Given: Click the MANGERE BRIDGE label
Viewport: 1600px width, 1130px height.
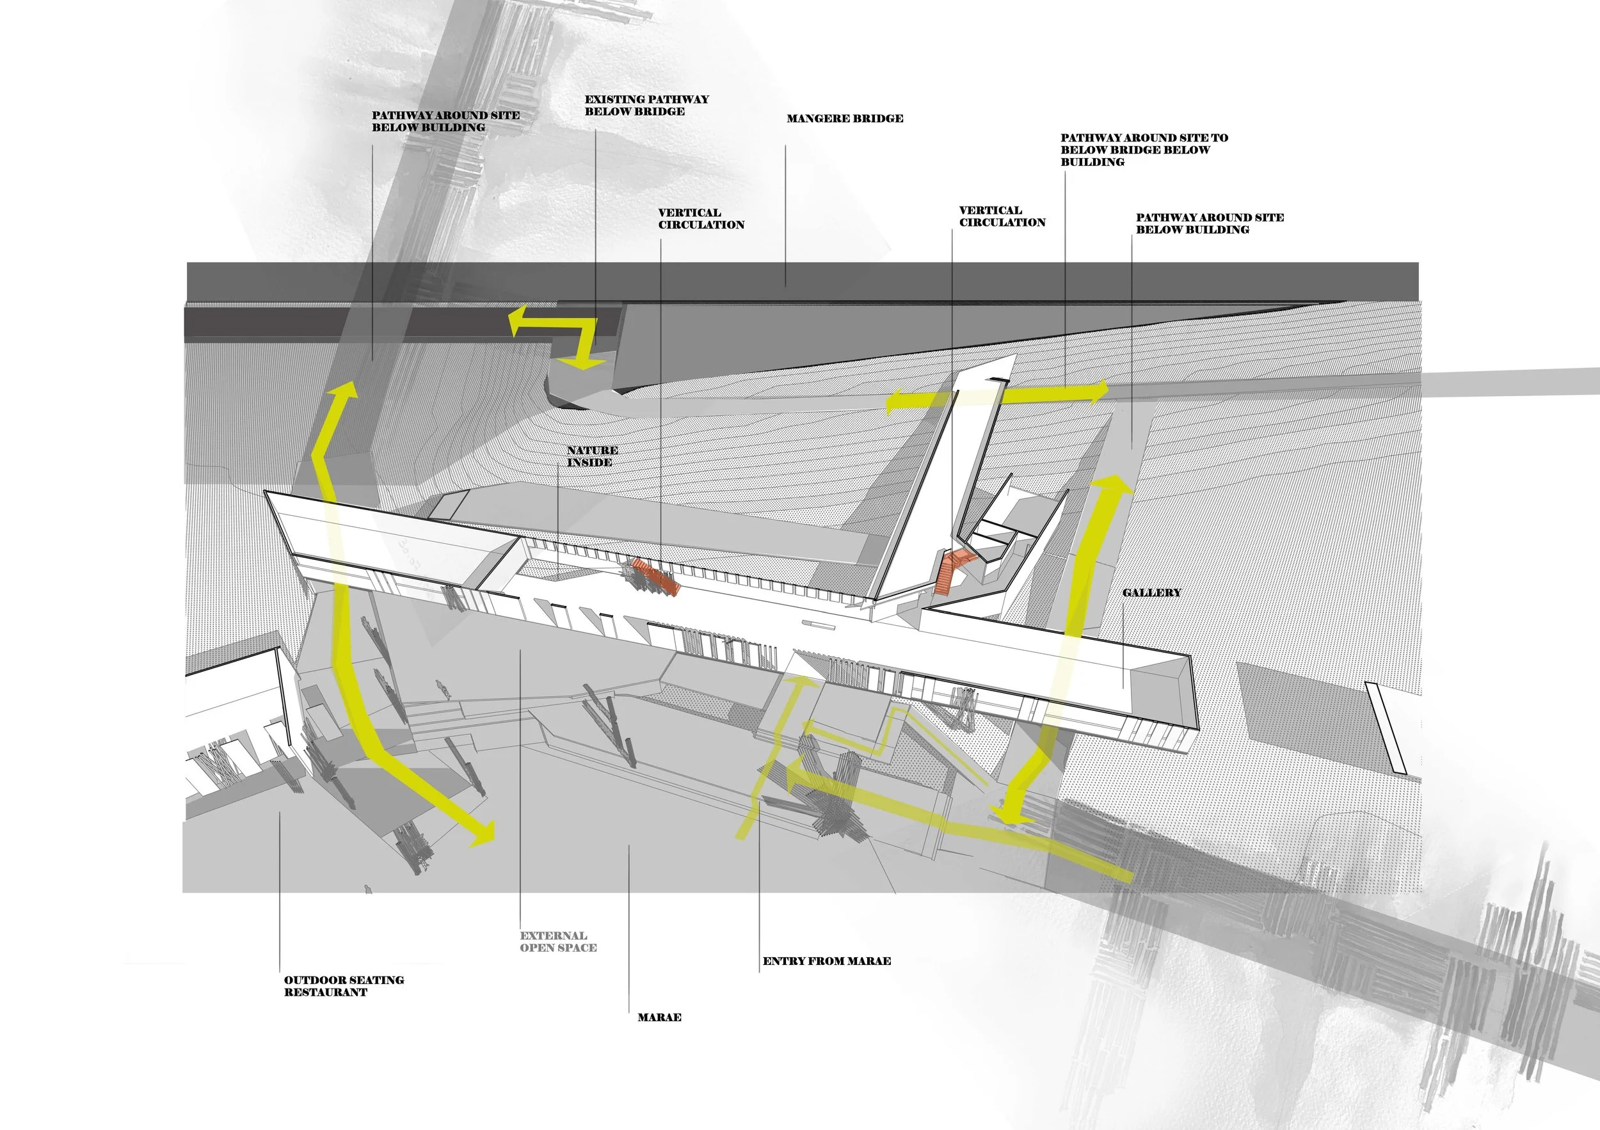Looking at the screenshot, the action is (x=845, y=118).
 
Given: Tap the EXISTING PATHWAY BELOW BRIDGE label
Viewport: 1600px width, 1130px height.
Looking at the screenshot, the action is (x=646, y=105).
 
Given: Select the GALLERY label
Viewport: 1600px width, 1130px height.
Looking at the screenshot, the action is (x=1151, y=592).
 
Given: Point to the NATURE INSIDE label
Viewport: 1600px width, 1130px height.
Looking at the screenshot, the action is (x=591, y=456).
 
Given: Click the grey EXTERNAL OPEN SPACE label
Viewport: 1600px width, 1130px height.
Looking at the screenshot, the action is (x=557, y=941).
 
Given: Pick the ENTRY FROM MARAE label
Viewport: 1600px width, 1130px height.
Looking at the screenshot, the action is (x=826, y=960).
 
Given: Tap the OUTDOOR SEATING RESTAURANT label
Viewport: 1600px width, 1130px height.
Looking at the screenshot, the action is (x=344, y=986).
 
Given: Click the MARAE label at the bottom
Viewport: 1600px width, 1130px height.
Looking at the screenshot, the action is (x=659, y=1017).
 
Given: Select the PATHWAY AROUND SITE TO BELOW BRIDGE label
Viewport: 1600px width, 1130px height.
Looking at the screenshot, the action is (x=1144, y=150).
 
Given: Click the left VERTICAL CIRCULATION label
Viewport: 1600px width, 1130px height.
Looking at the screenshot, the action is (x=701, y=219).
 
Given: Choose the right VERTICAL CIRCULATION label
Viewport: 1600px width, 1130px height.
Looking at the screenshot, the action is (x=1002, y=216).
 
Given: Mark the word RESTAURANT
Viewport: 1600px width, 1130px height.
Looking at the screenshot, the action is (x=325, y=992).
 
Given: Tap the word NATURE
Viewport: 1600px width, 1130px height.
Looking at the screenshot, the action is (x=593, y=450).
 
